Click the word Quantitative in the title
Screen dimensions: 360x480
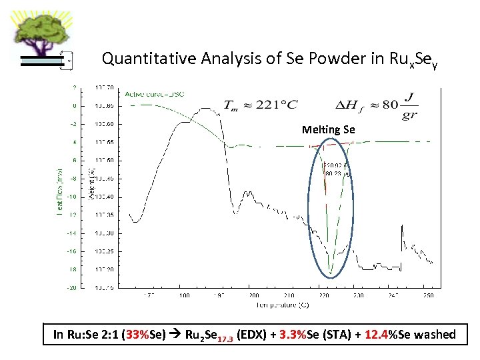140,59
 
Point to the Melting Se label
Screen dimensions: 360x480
329,129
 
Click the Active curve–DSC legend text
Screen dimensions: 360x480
155,93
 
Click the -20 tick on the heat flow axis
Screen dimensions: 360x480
71,287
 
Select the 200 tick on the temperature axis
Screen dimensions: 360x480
254,295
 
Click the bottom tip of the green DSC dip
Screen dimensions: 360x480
330,273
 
